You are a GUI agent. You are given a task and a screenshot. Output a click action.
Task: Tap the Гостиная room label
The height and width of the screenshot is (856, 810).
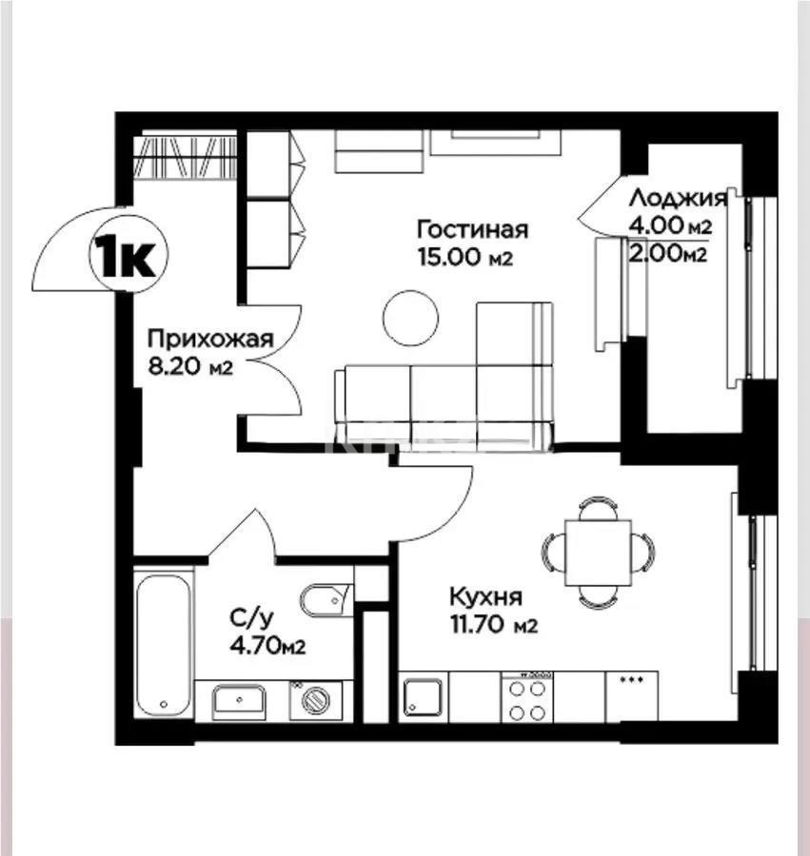[472, 229]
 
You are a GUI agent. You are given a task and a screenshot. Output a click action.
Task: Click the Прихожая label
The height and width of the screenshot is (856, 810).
[210, 339]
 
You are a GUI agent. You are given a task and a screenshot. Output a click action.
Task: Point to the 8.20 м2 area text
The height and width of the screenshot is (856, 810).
[190, 367]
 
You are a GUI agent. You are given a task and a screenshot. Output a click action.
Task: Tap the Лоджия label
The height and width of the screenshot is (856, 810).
[679, 199]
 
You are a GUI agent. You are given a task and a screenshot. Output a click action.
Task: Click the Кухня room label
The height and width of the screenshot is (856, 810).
[485, 597]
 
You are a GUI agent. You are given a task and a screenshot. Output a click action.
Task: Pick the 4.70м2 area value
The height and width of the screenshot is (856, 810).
[267, 647]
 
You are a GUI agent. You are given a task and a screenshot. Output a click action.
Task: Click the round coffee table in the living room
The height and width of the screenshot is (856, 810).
[410, 318]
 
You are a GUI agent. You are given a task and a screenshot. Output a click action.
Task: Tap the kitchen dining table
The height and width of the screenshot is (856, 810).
[598, 553]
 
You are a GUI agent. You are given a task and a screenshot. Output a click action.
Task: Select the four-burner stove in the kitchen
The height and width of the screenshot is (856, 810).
[526, 699]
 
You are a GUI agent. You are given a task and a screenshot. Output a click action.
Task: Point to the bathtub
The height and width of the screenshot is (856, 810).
[164, 641]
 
